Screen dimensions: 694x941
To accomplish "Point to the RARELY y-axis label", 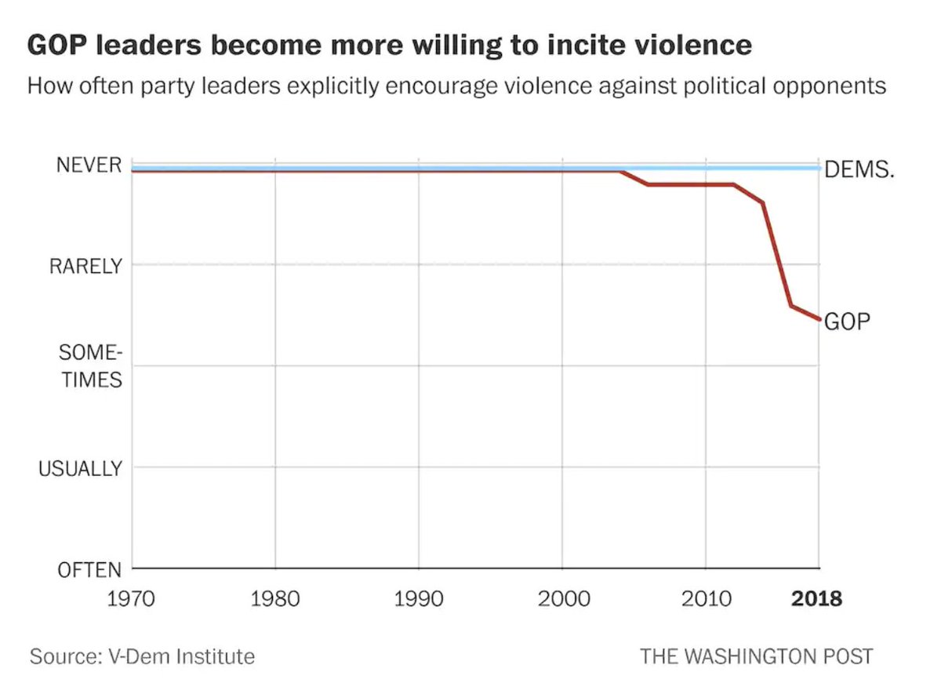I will click(86, 266).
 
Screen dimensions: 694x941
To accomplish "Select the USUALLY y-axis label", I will click(81, 468).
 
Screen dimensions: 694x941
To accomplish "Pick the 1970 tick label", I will click(132, 599).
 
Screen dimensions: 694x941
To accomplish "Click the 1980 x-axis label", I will click(275, 599).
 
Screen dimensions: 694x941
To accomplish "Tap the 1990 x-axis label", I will click(419, 599).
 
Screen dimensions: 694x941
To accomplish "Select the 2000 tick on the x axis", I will click(562, 599).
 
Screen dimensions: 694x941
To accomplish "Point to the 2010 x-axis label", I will click(705, 599).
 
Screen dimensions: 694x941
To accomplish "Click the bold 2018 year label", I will click(816, 599).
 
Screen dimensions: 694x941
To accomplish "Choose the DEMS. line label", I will click(859, 170).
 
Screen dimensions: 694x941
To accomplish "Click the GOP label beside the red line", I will click(848, 322).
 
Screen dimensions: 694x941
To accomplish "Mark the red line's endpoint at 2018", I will click(819, 319).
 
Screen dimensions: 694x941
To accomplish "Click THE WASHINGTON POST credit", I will click(756, 656).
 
